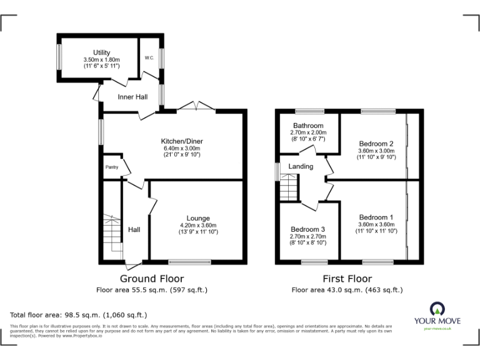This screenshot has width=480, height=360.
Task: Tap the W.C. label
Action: click(149, 58)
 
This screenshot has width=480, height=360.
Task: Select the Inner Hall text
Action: click(132, 97)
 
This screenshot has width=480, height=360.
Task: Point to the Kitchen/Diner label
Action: click(182, 141)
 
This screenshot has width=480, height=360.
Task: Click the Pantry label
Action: click(112, 167)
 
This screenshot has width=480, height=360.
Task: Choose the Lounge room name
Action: click(197, 218)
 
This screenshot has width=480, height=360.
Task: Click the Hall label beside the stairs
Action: click(134, 229)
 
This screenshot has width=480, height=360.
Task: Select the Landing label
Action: click(300, 166)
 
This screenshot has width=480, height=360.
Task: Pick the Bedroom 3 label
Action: click(307, 229)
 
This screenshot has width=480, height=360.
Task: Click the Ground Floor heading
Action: click(152, 279)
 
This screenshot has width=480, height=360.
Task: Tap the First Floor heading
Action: click(347, 279)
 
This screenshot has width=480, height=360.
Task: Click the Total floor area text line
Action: click(78, 315)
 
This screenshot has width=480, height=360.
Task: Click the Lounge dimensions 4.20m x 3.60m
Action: click(197, 226)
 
